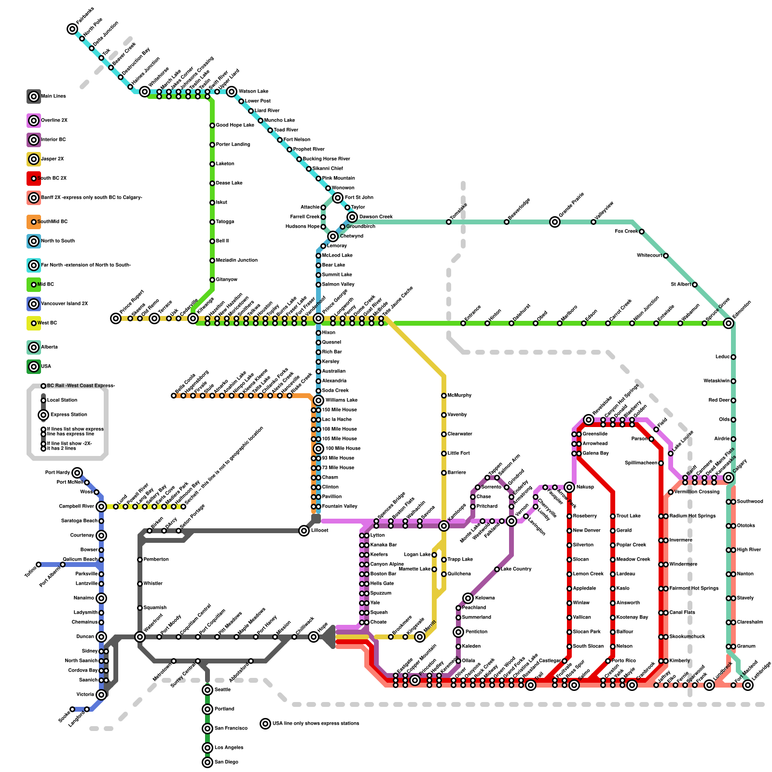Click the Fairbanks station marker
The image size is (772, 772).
[x=72, y=29]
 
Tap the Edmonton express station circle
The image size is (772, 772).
[x=729, y=323]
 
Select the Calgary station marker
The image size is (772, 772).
[x=729, y=478]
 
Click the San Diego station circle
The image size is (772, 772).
[x=207, y=762]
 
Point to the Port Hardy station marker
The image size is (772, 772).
[x=77, y=473]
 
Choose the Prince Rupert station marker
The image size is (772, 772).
[x=116, y=318]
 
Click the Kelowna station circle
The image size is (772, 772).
[x=468, y=598]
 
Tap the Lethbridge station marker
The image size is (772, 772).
[x=748, y=685]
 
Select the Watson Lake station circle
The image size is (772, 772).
[x=232, y=92]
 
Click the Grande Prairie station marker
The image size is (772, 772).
[x=555, y=222]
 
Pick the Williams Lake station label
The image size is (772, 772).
[x=342, y=400]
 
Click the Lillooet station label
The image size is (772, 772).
[x=320, y=531]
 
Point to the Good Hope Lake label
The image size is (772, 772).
[x=235, y=125]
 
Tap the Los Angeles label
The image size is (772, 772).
[x=229, y=748]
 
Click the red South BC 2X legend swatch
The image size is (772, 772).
[x=34, y=179]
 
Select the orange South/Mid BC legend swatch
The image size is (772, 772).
[x=34, y=222]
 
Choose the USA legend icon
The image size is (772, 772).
[x=34, y=367]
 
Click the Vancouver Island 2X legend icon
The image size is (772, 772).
[x=34, y=304]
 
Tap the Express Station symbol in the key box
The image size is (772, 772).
[x=43, y=415]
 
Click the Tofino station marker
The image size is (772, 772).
[x=39, y=565]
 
